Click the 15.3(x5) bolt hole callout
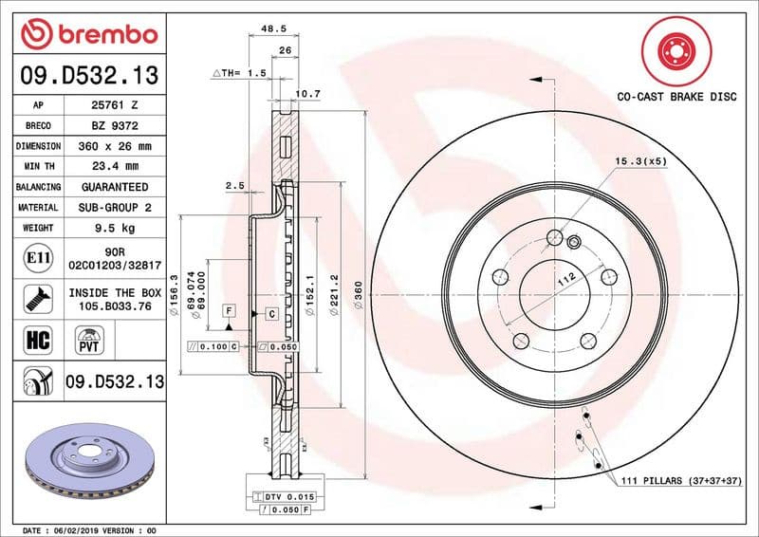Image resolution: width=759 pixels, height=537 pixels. pyautogui.click(x=641, y=161)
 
